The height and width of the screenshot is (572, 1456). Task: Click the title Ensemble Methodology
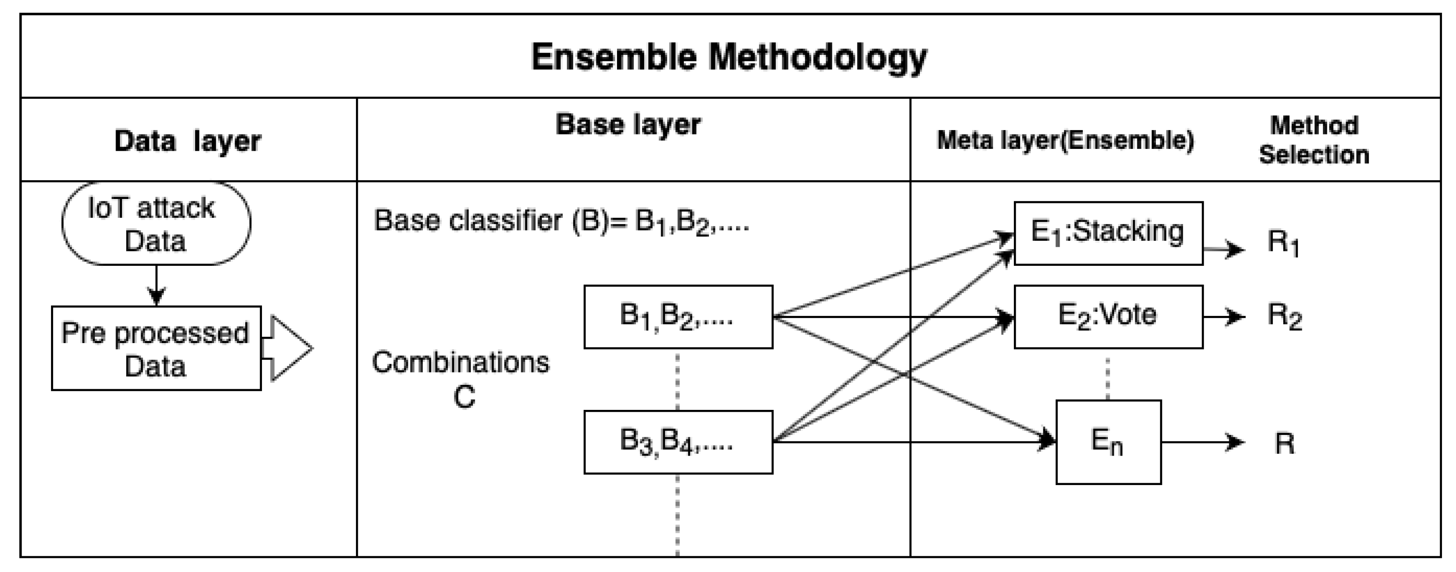[729, 58]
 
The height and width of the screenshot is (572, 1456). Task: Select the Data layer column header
[188, 141]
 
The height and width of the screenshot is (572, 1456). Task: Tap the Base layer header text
[628, 124]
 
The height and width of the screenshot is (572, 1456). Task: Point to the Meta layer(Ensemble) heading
[1065, 140]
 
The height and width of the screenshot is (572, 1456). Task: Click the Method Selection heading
[1314, 140]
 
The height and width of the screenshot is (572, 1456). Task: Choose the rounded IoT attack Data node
[156, 224]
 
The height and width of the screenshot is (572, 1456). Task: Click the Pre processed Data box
[156, 349]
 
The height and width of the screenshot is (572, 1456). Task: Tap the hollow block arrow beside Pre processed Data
[289, 348]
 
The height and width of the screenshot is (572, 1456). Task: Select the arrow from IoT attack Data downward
[156, 286]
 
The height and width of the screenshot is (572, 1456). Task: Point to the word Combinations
[460, 362]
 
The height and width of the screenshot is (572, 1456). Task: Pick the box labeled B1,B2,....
[678, 316]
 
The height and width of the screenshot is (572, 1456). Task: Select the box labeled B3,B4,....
[678, 442]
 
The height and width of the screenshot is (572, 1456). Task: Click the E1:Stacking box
[1108, 233]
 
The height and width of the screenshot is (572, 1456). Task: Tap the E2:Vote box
[1108, 316]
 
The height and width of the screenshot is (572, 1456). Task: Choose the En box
[1108, 442]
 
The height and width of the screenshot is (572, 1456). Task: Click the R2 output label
[1284, 316]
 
